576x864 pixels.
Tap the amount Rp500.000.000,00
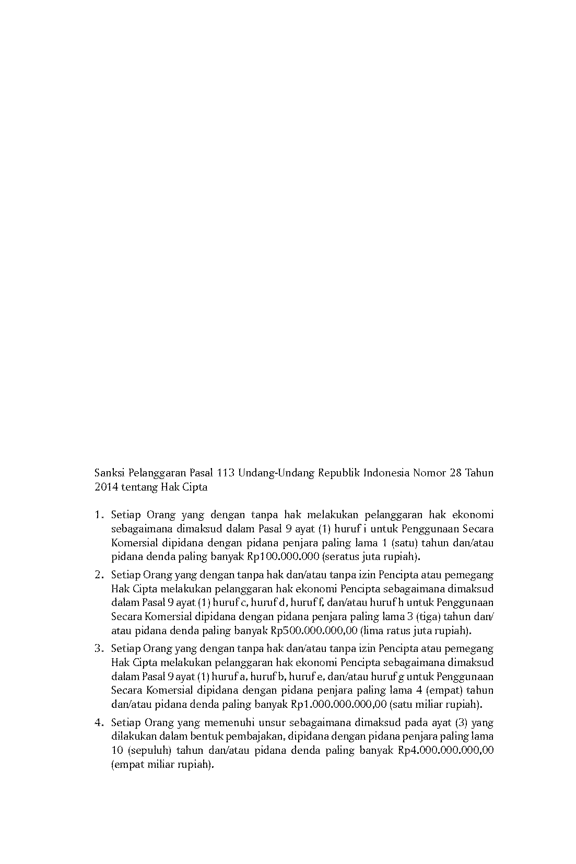tap(314, 631)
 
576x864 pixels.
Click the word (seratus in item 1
tap(340, 556)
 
